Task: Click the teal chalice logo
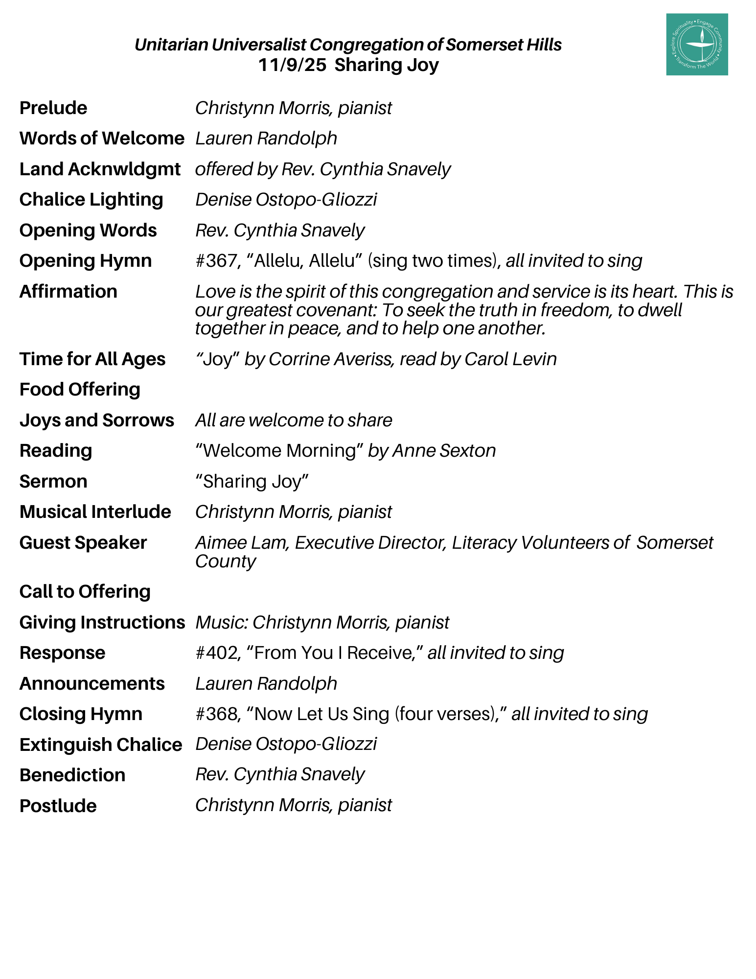[x=696, y=45]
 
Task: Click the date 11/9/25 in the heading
[x=292, y=65]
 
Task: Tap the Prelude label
[x=53, y=108]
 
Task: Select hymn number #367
[x=215, y=261]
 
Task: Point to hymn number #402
[x=215, y=653]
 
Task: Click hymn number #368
[x=215, y=714]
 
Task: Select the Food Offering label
[x=80, y=390]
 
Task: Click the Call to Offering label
[x=85, y=592]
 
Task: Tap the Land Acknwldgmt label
[x=100, y=169]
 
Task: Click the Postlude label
[x=58, y=806]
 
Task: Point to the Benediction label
[x=72, y=775]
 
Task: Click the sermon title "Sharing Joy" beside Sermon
[x=252, y=482]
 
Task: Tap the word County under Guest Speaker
[x=225, y=561]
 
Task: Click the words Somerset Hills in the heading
[x=504, y=45]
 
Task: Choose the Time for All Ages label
[x=92, y=359]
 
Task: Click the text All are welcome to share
[x=294, y=420]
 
